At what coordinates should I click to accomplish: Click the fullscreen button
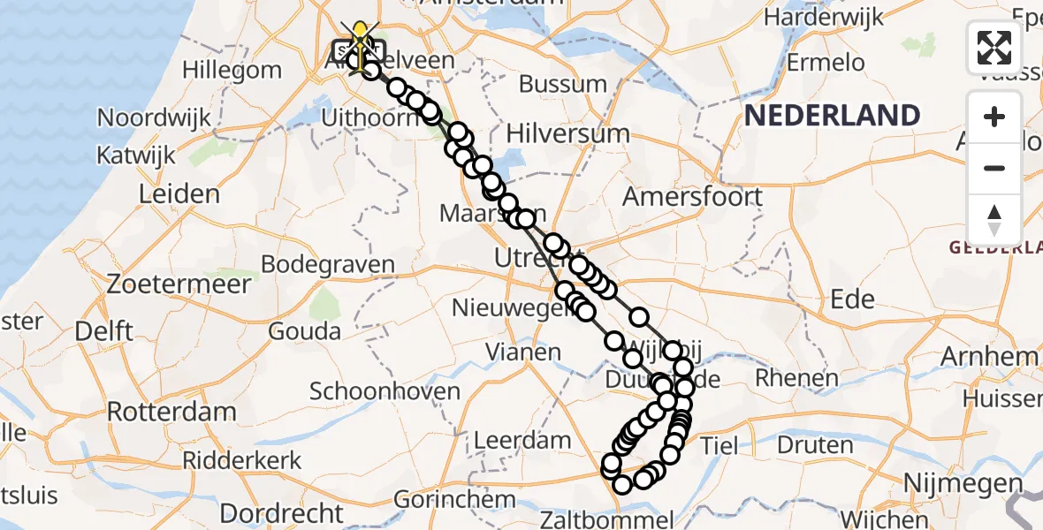[x=994, y=47]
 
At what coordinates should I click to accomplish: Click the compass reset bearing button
[x=994, y=219]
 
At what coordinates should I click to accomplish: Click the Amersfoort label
[x=692, y=196]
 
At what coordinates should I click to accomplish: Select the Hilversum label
[x=568, y=134]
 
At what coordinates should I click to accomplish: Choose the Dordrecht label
[x=281, y=512]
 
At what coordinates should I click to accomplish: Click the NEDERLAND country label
[x=832, y=116]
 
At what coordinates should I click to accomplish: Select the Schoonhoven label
[x=384, y=391]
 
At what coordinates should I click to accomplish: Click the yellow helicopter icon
[x=361, y=37]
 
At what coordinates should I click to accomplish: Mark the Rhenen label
[x=796, y=379]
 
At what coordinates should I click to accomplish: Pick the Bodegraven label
[x=328, y=265]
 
